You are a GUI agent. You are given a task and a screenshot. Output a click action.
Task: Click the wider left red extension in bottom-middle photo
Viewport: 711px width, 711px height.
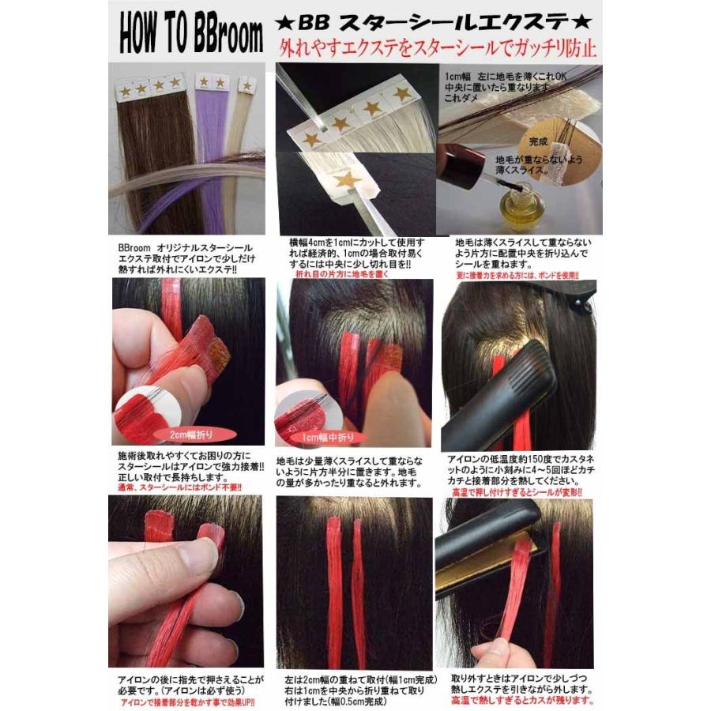334,592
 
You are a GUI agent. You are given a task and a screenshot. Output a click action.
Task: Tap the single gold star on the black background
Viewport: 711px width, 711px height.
347,179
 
